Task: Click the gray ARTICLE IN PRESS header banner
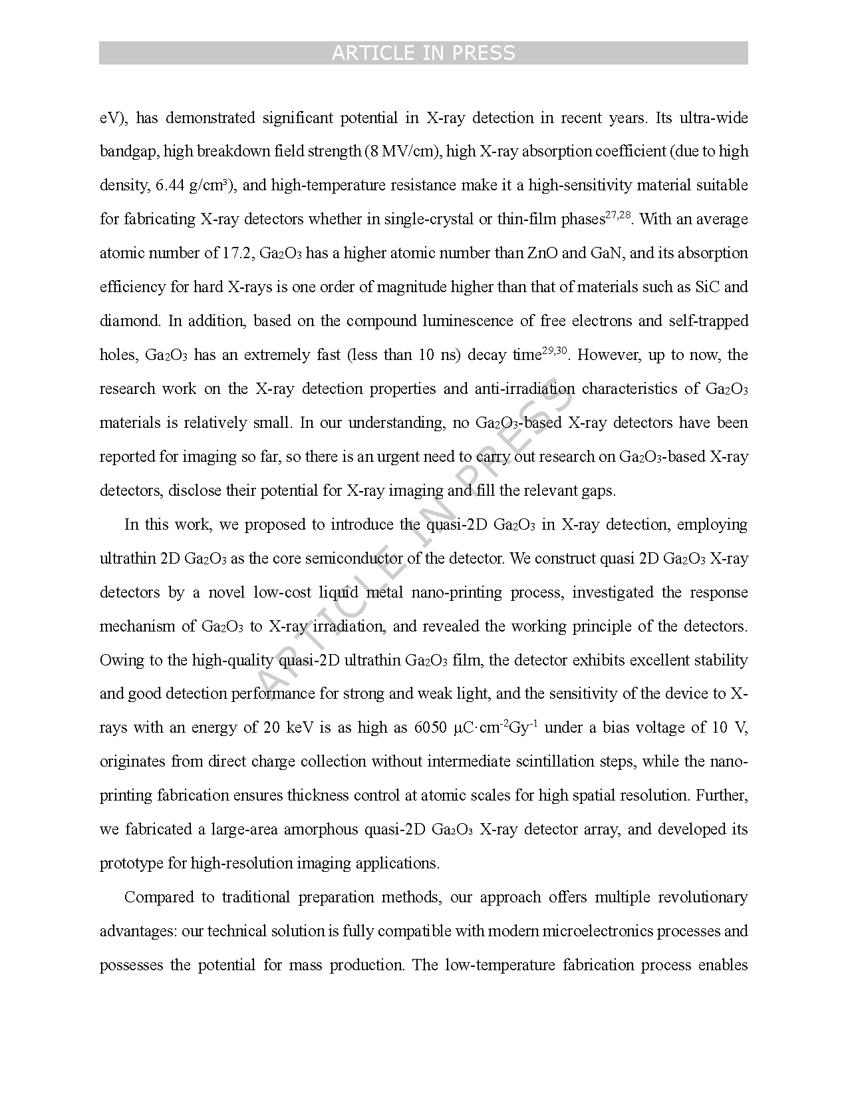pyautogui.click(x=423, y=53)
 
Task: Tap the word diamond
pyautogui.click(x=130, y=321)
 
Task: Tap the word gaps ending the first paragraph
pyautogui.click(x=598, y=491)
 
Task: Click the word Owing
pyautogui.click(x=122, y=661)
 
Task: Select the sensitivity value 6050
pyautogui.click(x=430, y=728)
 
